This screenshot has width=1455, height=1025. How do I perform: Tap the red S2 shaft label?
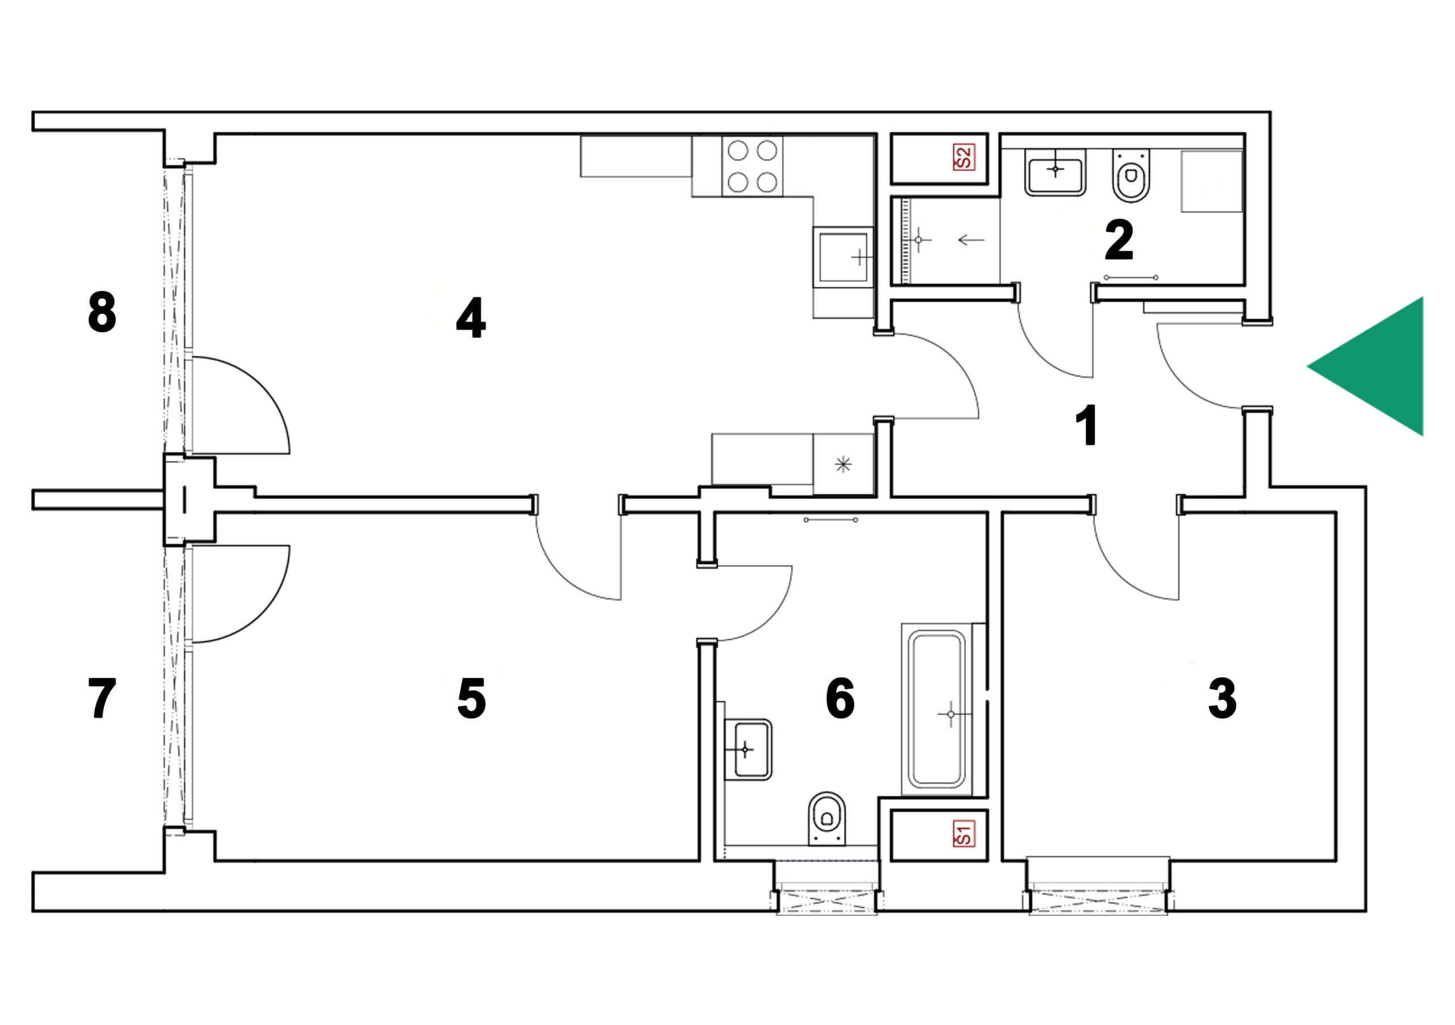point(963,157)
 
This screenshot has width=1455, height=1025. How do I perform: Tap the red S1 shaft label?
point(963,834)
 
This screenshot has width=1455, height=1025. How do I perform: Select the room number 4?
point(471,318)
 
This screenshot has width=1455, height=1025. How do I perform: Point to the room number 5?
point(472,699)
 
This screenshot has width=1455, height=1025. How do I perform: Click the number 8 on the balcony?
point(102,312)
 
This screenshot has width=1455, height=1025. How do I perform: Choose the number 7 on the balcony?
point(102,699)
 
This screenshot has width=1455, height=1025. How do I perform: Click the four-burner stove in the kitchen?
point(752,166)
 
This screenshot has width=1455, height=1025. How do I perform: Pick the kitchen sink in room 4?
point(843,257)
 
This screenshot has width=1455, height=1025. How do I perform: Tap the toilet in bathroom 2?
point(1131,176)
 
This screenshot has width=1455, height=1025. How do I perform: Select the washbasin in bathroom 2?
point(1055,172)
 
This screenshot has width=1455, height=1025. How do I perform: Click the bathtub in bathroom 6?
point(937,709)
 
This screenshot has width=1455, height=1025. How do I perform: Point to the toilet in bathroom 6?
point(827,819)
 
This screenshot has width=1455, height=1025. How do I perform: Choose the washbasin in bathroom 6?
point(749,750)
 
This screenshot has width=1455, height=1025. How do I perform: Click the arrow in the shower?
point(971,240)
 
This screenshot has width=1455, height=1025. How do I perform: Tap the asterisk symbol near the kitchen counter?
point(843,464)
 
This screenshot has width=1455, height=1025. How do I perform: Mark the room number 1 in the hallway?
point(1087,425)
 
